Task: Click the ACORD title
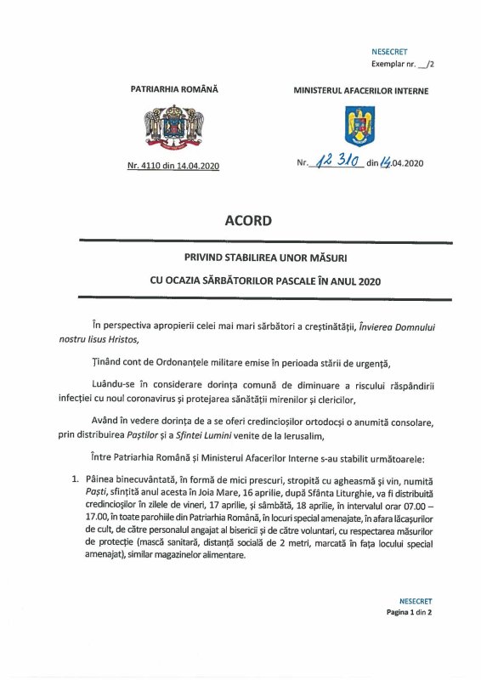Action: pos(248,221)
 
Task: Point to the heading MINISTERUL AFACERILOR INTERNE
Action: pos(360,90)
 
